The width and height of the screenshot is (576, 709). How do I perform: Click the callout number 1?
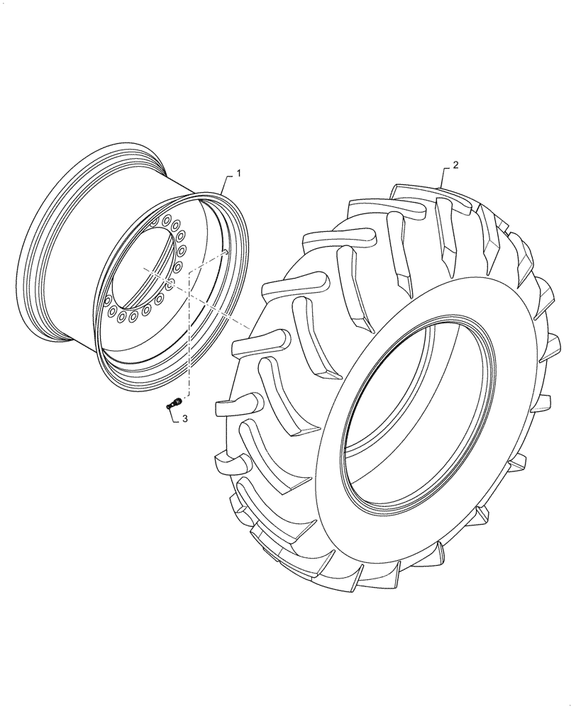[239, 174]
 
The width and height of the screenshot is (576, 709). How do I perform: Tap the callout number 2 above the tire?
[455, 165]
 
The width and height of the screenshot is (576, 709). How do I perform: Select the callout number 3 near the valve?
[184, 420]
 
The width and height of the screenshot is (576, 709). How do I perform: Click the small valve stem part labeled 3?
[171, 405]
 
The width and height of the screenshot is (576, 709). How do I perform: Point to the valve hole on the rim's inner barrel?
[224, 250]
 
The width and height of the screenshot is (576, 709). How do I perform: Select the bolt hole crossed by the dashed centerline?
[172, 283]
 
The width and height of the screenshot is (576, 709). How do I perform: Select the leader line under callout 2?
[443, 177]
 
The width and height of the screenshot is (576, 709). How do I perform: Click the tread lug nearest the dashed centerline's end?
[259, 340]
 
